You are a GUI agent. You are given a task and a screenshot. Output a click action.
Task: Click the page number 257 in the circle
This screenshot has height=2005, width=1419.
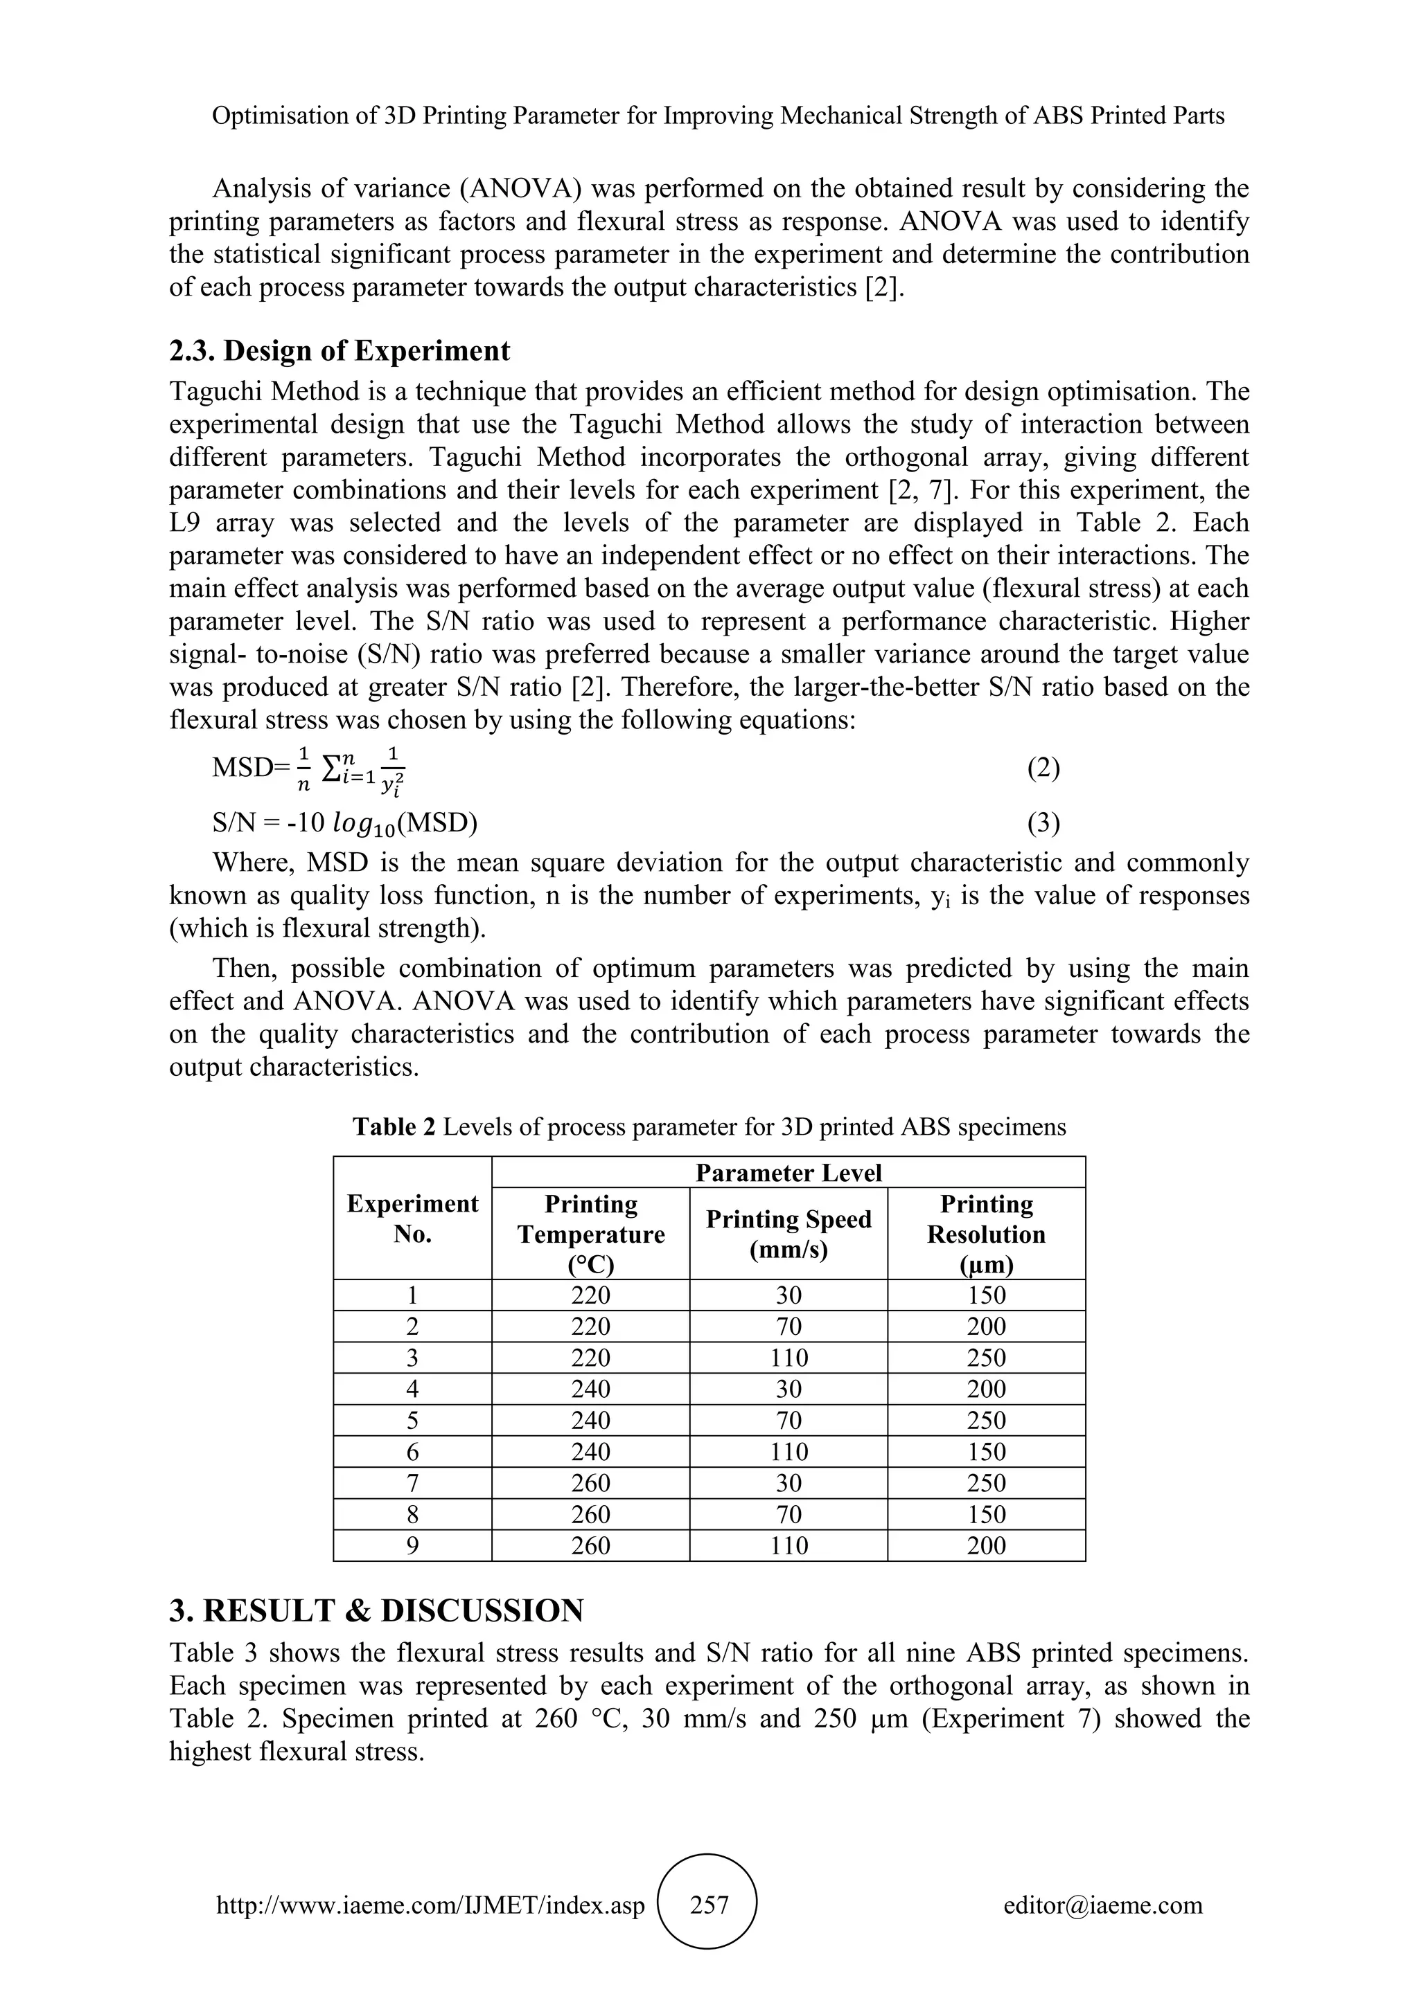[709, 1905]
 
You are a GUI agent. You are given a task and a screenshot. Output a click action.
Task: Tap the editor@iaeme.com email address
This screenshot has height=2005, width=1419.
[1102, 1905]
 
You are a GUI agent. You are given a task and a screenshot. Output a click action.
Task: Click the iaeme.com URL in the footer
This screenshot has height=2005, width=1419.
[430, 1905]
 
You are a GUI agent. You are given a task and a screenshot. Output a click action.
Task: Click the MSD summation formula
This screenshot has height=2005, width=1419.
[310, 770]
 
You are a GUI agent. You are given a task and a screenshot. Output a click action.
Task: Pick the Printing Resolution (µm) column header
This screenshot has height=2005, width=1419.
[986, 1233]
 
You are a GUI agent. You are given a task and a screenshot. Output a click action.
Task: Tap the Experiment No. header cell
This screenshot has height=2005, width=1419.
[412, 1219]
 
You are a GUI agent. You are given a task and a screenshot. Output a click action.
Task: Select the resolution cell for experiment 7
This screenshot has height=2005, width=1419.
[986, 1483]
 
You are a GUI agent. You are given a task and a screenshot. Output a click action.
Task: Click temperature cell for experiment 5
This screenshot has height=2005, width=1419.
[590, 1421]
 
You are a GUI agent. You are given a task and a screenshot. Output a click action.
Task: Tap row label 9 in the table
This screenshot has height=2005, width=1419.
[412, 1546]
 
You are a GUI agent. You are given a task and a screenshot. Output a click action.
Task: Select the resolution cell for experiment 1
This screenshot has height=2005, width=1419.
[986, 1295]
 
